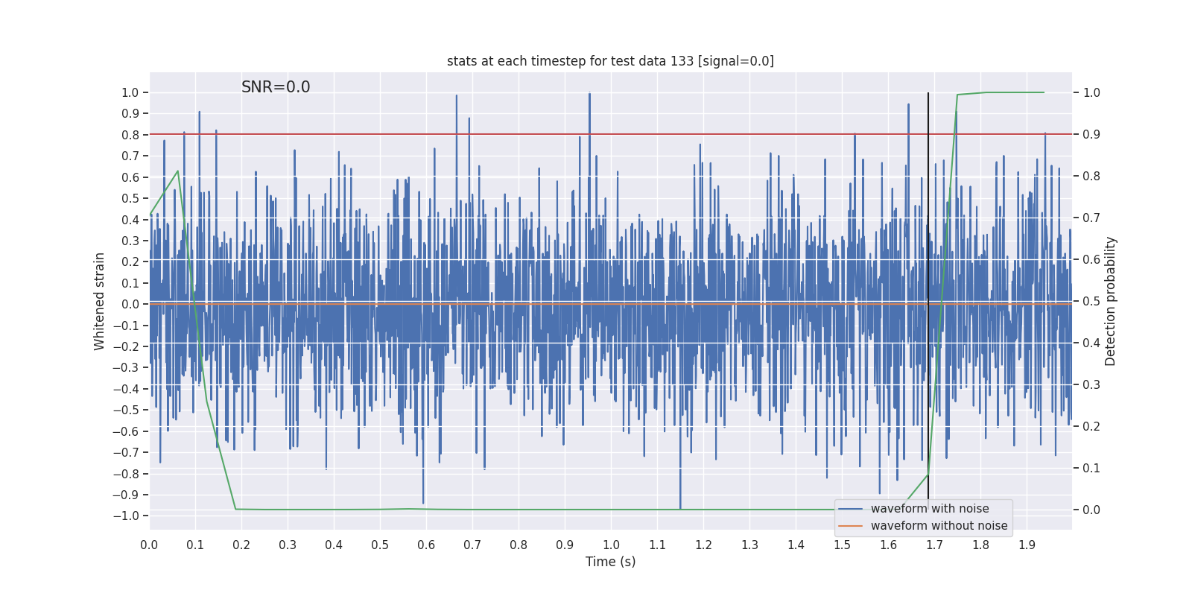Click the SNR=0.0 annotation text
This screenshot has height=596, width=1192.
pos(276,87)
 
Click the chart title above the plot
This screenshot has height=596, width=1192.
pos(610,61)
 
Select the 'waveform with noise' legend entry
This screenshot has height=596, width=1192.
pos(929,509)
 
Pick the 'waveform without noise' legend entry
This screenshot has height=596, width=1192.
pos(939,526)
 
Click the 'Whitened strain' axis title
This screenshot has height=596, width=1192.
pos(100,301)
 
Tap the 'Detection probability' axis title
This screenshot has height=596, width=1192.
pos(1111,301)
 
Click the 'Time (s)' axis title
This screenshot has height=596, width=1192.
pos(610,562)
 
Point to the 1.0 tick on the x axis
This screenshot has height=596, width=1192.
pos(611,545)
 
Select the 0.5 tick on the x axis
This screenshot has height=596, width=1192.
pos(380,545)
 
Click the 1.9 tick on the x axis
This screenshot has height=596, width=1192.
pos(1027,545)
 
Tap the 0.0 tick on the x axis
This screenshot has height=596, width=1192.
pos(149,545)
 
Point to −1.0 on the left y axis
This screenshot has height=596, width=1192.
pos(130,516)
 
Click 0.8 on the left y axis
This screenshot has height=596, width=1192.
pos(130,135)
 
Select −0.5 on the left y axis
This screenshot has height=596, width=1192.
pos(130,410)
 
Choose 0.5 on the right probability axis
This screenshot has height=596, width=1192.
pos(1091,301)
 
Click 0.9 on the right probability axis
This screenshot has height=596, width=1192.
pos(1091,134)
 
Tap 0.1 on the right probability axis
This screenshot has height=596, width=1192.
pos(1091,468)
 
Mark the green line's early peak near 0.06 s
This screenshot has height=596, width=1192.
pos(177,171)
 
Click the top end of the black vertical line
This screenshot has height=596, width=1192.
pos(928,94)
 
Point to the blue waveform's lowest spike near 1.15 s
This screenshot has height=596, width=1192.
pos(680,508)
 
